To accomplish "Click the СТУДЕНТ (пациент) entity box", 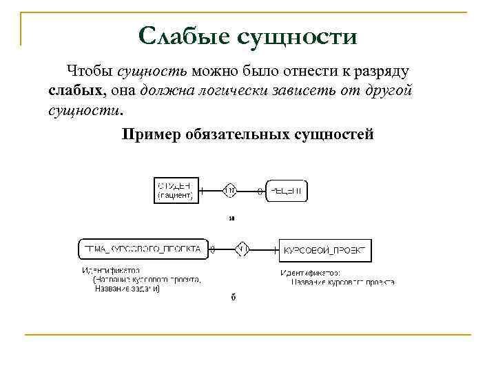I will (x=176, y=190).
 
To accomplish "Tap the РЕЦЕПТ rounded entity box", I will (x=287, y=190).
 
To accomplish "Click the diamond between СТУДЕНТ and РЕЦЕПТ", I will (x=231, y=190).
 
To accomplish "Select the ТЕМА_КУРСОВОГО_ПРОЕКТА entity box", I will (x=142, y=249).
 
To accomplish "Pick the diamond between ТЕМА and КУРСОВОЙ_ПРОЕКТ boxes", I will (x=242, y=249).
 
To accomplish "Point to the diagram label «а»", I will (x=232, y=219).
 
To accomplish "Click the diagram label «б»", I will (x=233, y=298).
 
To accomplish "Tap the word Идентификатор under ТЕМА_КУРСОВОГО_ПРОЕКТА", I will (x=111, y=271).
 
